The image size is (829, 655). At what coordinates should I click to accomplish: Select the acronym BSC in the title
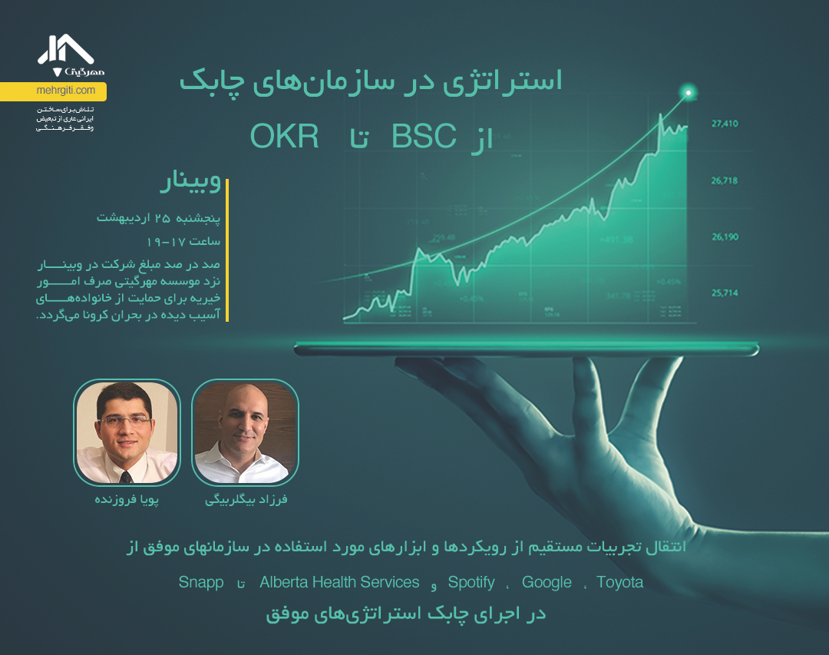point(424,137)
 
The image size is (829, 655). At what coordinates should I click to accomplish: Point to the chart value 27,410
point(725,123)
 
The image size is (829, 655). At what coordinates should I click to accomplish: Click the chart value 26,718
point(725,180)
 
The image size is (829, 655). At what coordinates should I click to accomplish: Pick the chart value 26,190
point(725,237)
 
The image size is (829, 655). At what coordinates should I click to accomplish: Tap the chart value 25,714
point(725,293)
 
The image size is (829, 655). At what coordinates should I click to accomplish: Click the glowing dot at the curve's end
point(689,93)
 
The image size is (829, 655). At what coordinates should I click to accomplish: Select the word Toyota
point(619,582)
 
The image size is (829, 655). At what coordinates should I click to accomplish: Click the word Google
point(547,582)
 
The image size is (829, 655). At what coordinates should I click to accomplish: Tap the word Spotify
point(471,582)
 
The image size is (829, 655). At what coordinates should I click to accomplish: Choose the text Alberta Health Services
point(339,582)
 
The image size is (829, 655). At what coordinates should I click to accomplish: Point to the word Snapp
point(201,582)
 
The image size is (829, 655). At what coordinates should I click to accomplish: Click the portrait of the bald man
point(245,432)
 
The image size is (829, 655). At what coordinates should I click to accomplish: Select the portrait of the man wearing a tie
point(127,432)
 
